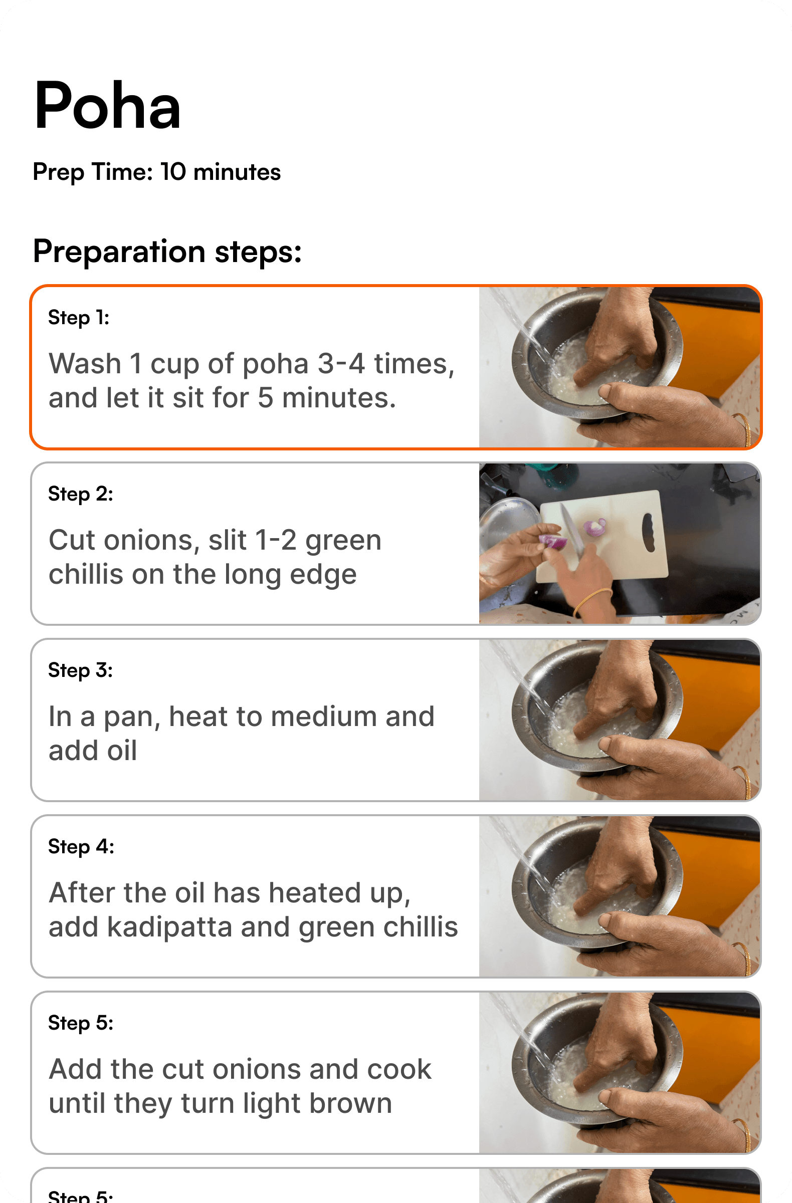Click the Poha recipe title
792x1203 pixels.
click(107, 106)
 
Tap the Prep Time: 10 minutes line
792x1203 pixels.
click(157, 172)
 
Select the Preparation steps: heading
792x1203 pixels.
click(167, 251)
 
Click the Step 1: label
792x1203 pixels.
click(79, 318)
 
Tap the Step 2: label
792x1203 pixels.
click(80, 494)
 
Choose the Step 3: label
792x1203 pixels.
click(80, 670)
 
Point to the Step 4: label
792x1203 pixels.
click(81, 847)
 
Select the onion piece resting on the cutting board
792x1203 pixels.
click(595, 527)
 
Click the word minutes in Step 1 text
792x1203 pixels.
click(339, 398)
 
